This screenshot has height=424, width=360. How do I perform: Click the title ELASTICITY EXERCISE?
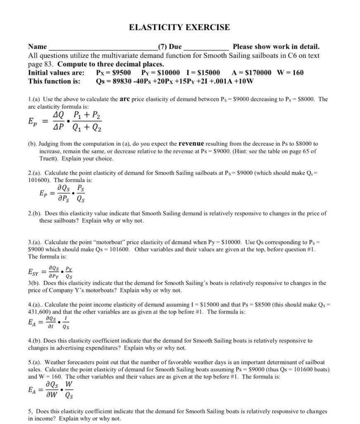(179, 27)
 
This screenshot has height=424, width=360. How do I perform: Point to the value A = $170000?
(252, 72)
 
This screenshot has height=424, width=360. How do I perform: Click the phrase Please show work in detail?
(276, 47)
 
